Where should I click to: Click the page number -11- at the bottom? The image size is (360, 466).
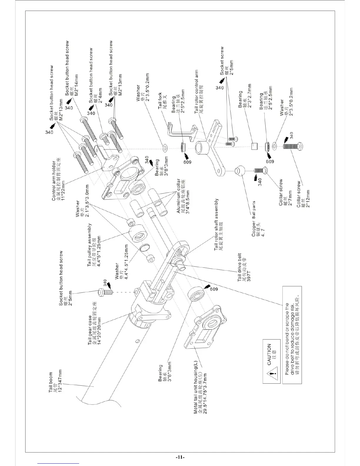point(180,457)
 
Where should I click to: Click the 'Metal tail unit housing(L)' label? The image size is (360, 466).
point(196,388)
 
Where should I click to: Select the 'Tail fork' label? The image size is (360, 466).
point(160,101)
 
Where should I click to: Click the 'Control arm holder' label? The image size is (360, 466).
point(54,181)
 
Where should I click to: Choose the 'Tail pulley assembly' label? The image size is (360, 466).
point(90,245)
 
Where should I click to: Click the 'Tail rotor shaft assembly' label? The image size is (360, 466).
point(217,224)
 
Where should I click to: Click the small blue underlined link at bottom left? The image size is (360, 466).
point(59,463)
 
